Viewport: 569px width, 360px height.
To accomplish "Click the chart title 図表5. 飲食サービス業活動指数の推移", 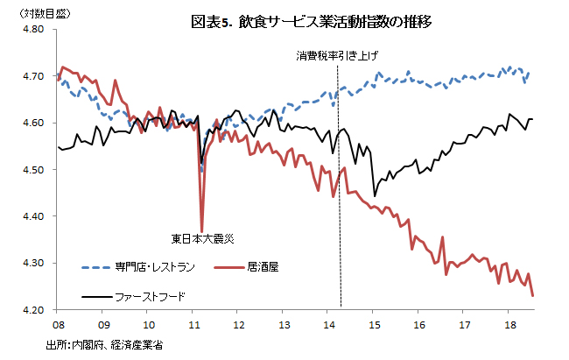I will pyautogui.click(x=299, y=20).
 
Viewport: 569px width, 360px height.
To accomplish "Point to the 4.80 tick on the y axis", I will pyautogui.click(x=32, y=29).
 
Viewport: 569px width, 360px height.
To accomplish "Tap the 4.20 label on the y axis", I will pyautogui.click(x=32, y=309).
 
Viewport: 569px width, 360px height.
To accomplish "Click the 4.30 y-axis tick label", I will pyautogui.click(x=32, y=263).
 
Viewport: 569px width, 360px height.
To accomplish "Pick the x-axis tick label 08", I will pyautogui.click(x=57, y=323).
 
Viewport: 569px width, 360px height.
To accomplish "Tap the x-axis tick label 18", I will pyautogui.click(x=511, y=323).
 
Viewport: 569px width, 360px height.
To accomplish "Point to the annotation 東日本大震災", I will pyautogui.click(x=202, y=237).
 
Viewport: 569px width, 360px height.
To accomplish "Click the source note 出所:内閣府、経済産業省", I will pyautogui.click(x=104, y=345).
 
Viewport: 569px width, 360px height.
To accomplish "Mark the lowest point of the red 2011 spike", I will pyautogui.click(x=202, y=230).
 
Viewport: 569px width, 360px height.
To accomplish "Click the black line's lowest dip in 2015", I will pyautogui.click(x=375, y=195).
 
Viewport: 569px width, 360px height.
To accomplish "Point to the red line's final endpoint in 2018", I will pyautogui.click(x=533, y=295).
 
